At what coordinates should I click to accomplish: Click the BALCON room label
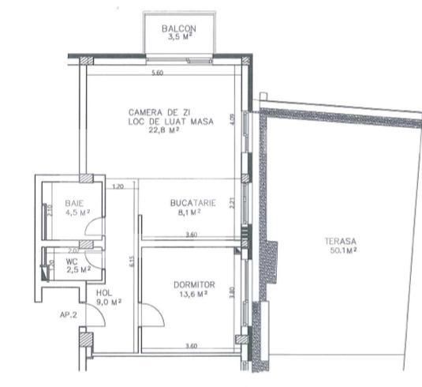[x=178, y=28]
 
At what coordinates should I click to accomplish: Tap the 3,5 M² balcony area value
[x=178, y=36]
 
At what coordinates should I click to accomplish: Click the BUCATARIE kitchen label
[x=192, y=204]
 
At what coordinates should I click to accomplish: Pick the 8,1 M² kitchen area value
[x=192, y=212]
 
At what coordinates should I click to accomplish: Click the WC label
[x=72, y=261]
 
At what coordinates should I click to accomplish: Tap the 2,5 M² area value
[x=78, y=269]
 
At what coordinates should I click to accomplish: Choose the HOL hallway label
[x=94, y=291]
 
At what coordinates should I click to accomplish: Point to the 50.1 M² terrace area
[x=341, y=250]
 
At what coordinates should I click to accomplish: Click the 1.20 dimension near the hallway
[x=119, y=187]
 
